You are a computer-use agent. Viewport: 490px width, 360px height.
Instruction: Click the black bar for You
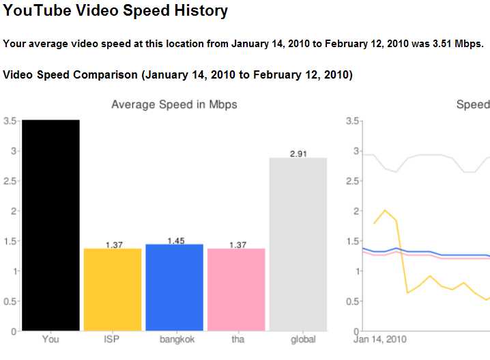click(x=51, y=225)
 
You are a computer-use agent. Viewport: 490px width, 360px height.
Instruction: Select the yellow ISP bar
click(x=113, y=290)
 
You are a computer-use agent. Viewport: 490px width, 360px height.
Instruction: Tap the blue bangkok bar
click(x=175, y=287)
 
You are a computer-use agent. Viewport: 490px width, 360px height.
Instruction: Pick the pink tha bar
click(x=236, y=290)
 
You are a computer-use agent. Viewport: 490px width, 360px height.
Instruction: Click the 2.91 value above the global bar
click(x=298, y=154)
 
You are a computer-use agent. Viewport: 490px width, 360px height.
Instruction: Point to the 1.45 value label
click(x=175, y=240)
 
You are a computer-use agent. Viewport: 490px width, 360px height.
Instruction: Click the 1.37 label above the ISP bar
click(x=113, y=245)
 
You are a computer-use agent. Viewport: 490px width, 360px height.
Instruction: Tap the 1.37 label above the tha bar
click(x=237, y=245)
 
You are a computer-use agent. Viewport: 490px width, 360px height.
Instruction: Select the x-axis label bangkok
click(x=175, y=339)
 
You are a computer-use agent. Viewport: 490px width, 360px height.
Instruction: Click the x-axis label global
click(x=298, y=339)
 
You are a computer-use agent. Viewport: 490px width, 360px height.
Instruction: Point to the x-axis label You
click(x=51, y=339)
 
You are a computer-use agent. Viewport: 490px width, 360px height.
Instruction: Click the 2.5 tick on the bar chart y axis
click(x=10, y=181)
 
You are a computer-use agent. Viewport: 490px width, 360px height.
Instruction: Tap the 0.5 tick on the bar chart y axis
click(x=10, y=301)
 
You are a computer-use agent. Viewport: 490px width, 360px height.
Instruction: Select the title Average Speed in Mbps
click(x=174, y=105)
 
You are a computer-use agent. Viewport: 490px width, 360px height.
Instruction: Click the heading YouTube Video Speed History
click(x=116, y=11)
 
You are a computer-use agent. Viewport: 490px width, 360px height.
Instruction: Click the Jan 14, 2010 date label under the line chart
click(x=379, y=339)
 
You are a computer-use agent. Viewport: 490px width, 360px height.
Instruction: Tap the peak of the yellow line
click(x=386, y=210)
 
